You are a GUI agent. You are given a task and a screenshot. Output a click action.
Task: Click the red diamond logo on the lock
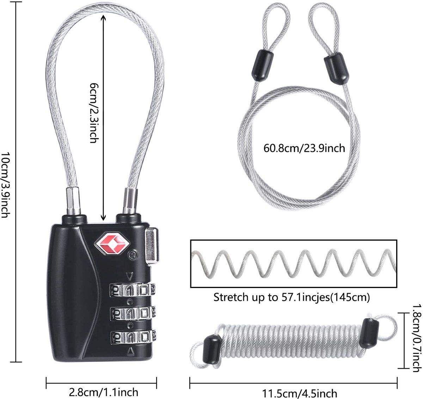(112, 243)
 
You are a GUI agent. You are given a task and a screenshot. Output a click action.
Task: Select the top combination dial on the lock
(132, 290)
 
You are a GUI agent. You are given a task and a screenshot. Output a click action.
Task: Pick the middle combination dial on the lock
(133, 313)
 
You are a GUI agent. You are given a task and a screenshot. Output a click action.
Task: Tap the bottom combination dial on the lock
(133, 337)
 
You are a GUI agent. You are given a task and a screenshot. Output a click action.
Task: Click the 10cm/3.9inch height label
(5, 185)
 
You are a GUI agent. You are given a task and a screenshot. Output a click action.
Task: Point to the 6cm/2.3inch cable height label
(94, 112)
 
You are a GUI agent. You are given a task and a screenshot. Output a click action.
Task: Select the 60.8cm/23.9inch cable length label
(304, 148)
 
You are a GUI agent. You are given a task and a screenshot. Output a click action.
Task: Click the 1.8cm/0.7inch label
(416, 337)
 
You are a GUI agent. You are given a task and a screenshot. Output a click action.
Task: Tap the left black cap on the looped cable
(262, 66)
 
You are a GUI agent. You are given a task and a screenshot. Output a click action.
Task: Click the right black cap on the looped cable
(336, 69)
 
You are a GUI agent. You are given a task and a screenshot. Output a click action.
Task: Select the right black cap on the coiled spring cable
(369, 333)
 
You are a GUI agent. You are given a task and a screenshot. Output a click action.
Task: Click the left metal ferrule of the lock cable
(73, 201)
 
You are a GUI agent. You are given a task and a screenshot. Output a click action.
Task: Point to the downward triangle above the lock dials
(130, 276)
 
